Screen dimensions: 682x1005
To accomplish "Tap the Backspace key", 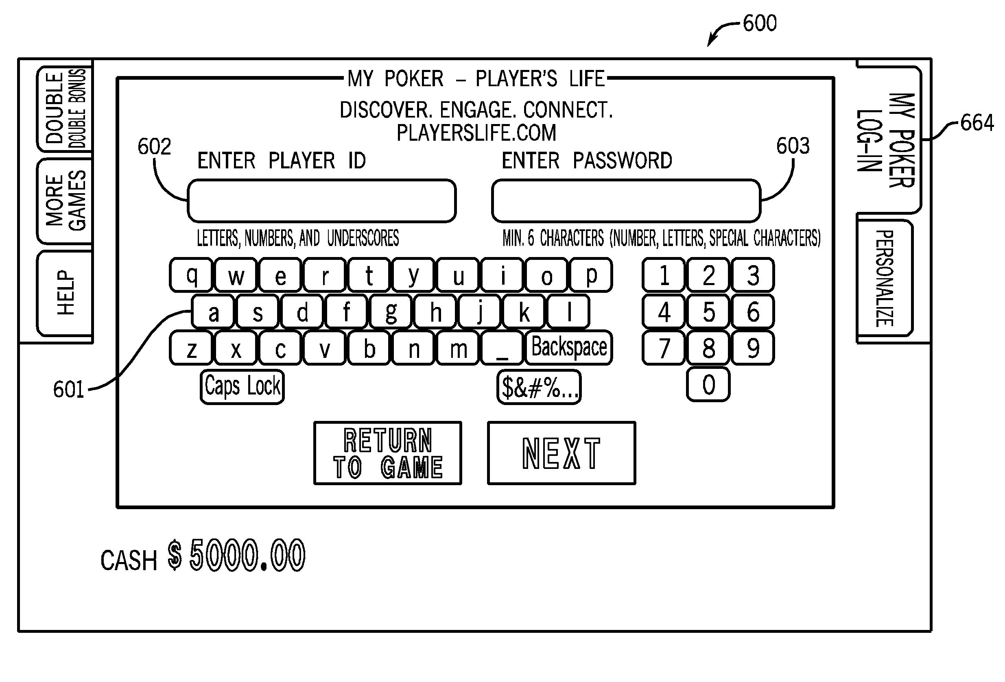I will tap(569, 347).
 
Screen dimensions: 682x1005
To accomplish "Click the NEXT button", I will tap(561, 453).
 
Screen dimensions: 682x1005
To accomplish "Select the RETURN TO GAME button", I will tap(387, 453).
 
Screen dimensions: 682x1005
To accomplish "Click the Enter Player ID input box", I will tap(322, 201).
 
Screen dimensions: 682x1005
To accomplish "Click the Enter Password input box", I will tap(626, 201).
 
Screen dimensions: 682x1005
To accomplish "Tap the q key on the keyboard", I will tap(191, 275).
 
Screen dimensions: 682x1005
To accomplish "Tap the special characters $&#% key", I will tap(539, 387).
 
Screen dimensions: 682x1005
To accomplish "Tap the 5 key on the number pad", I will tap(708, 312).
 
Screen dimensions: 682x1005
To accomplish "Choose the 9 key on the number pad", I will tap(753, 348).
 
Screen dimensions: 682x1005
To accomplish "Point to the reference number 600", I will tap(760, 23).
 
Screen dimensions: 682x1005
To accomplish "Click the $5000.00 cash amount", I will tap(236, 556).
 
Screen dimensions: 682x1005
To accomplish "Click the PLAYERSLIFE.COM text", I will tap(476, 133).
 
